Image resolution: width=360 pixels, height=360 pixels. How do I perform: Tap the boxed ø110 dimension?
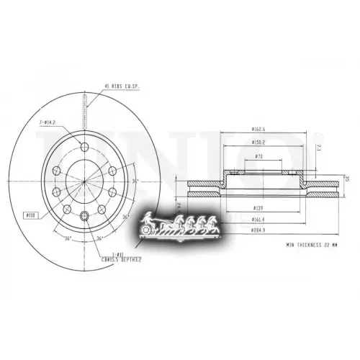pyautogui.click(x=32, y=214)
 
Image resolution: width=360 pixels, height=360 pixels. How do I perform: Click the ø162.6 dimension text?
pyautogui.click(x=261, y=130)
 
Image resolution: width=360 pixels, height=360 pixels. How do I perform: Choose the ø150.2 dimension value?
pyautogui.click(x=261, y=143)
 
